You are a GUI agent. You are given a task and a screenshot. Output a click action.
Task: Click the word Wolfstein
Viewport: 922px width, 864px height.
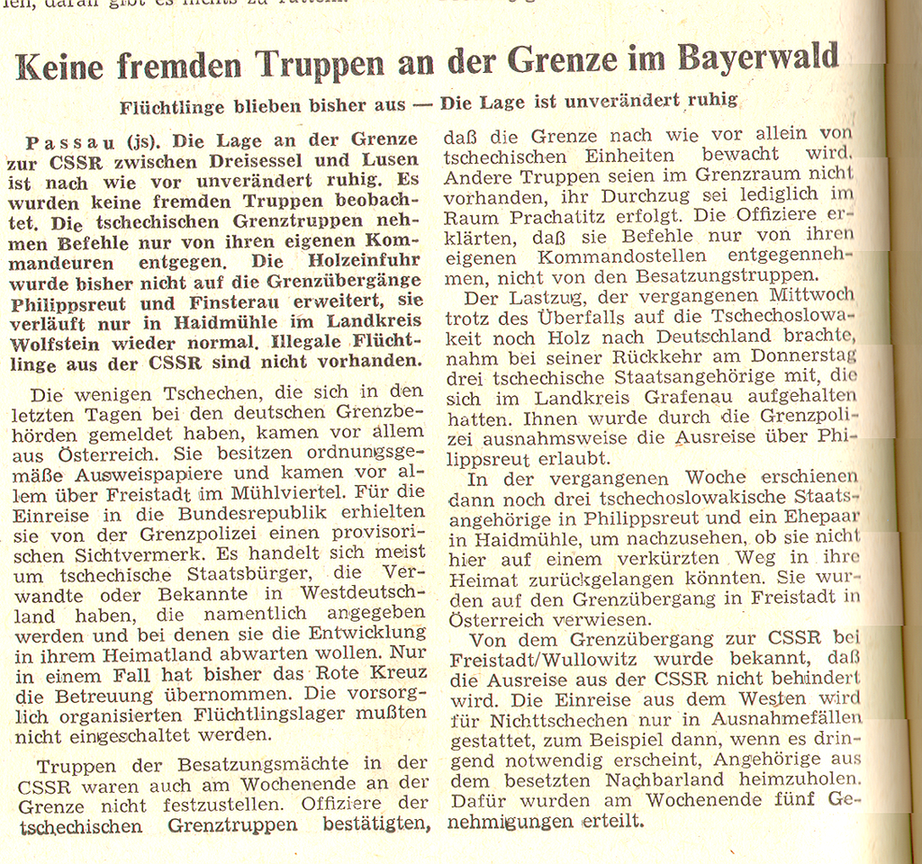[59, 344]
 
